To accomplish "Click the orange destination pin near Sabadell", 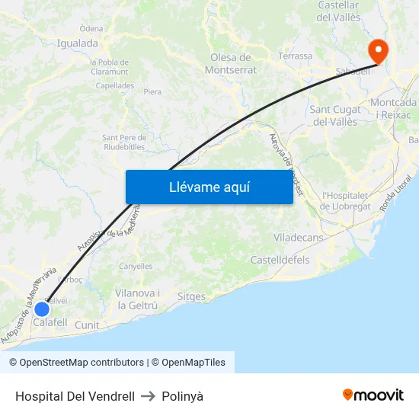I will (377, 50).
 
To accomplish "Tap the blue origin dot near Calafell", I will (42, 309).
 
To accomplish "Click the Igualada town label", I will (77, 43).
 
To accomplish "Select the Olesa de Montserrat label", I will (230, 63).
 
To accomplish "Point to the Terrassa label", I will (296, 56).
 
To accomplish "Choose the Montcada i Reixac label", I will (393, 108).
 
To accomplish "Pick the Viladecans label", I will (298, 238).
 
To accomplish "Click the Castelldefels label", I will (280, 260).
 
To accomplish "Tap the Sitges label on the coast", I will (190, 296).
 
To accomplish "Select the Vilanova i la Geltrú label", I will (137, 299).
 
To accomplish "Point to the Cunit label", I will (87, 325).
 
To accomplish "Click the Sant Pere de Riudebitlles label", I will (123, 142).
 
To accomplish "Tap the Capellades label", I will (115, 86).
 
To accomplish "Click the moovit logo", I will (373, 395).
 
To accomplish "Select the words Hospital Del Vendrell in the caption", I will (75, 396).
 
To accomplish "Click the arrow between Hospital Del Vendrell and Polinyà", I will (148, 396).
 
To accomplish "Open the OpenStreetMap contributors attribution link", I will (82, 363).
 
